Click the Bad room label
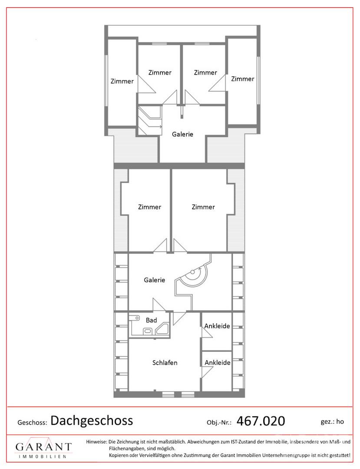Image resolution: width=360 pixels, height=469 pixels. pyautogui.click(x=151, y=320)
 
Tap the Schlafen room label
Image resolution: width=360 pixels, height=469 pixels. pyautogui.click(x=165, y=363)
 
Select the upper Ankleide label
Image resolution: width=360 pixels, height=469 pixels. pyautogui.click(x=217, y=326)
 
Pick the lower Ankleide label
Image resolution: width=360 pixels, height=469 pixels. pyautogui.click(x=218, y=363)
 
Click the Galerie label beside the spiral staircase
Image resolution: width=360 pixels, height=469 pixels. pyautogui.click(x=154, y=280)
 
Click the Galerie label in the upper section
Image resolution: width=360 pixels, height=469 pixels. pyautogui.click(x=182, y=134)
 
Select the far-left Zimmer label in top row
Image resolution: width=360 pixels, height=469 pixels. pyautogui.click(x=122, y=81)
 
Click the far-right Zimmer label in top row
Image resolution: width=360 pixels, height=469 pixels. pyautogui.click(x=242, y=79)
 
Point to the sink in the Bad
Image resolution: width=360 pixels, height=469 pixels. pyautogui.click(x=135, y=317)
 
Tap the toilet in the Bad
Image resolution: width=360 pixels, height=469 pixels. pyautogui.click(x=147, y=331)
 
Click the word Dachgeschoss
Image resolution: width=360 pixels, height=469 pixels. pyautogui.click(x=92, y=420)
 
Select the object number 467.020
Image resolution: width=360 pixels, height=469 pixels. pyautogui.click(x=261, y=421)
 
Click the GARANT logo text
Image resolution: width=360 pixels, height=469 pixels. pyautogui.click(x=44, y=447)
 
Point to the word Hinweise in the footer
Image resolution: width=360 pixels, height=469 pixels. pyautogui.click(x=96, y=442)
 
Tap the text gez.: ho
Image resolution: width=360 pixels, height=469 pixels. pyautogui.click(x=332, y=422)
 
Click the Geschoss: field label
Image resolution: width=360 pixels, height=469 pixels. pyautogui.click(x=32, y=423)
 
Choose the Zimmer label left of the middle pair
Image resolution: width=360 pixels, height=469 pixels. pyautogui.click(x=149, y=207)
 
